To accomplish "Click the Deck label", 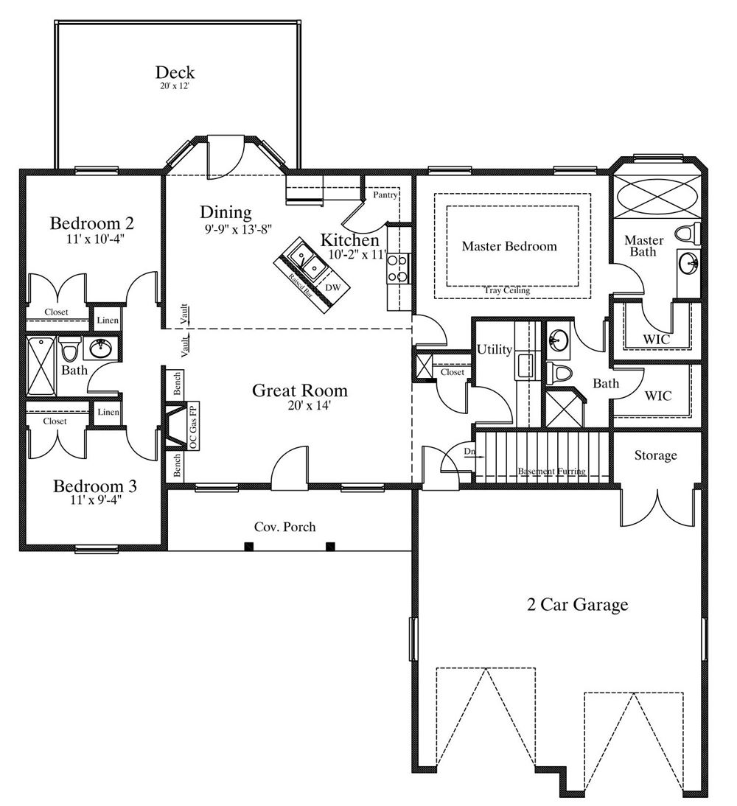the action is click(175, 72).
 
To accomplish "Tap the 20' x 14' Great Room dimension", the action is click(309, 405).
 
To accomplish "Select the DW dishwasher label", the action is click(333, 287).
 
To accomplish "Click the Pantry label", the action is click(385, 195).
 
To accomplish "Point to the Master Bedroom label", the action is click(509, 246).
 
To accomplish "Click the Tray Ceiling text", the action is click(506, 290).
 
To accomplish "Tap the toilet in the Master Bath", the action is click(687, 234).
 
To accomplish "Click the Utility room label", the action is click(495, 349).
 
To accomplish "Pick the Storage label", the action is click(655, 455).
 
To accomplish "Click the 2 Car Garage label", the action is click(578, 604).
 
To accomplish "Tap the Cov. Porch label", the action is click(285, 527).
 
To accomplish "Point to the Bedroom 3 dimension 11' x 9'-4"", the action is click(96, 499).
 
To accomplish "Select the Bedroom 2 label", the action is click(91, 223).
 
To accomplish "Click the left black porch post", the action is click(249, 547).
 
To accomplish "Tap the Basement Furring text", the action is click(551, 472).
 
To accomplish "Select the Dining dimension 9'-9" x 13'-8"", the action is click(237, 228).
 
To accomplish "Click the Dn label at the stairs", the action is click(469, 452).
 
